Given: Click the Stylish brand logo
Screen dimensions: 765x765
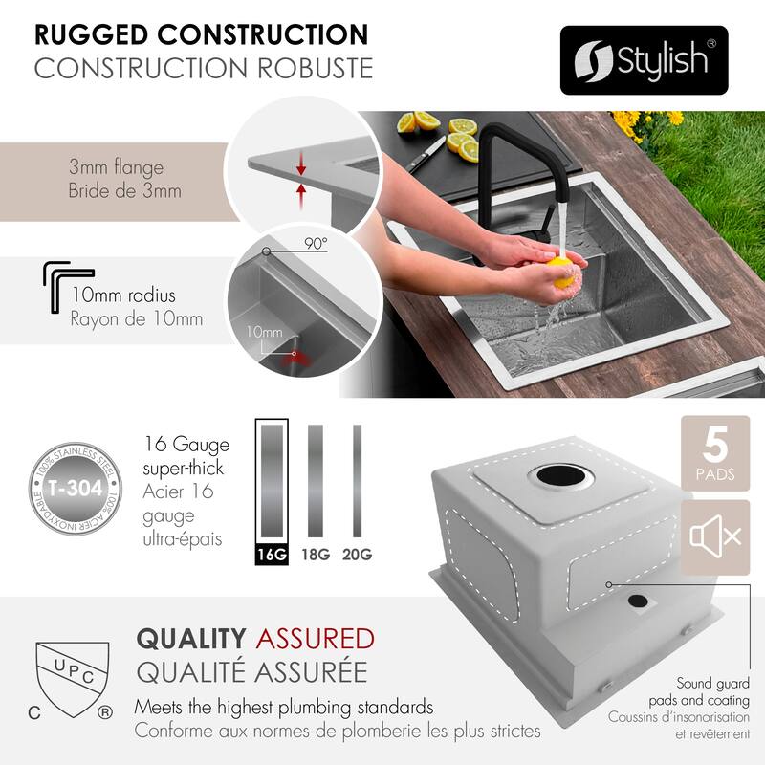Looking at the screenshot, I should [643, 59].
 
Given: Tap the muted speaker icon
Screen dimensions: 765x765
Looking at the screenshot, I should [714, 536].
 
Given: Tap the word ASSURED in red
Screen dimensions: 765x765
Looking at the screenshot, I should [312, 638].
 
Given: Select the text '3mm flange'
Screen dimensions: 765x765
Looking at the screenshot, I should [116, 168].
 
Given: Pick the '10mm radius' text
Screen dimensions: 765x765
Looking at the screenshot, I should [121, 295].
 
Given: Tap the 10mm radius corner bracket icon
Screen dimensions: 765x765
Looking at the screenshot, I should [68, 284].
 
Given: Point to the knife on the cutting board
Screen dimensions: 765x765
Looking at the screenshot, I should [425, 153].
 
